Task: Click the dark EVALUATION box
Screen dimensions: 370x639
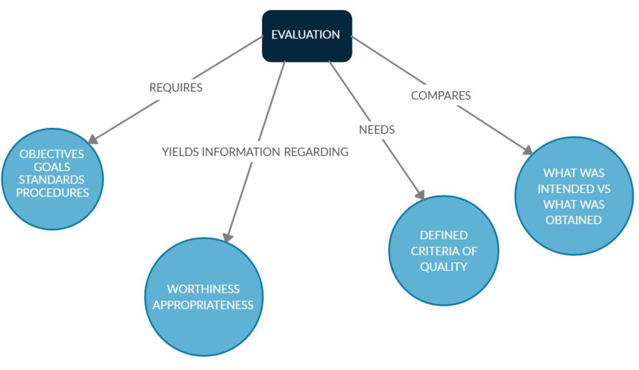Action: point(306,36)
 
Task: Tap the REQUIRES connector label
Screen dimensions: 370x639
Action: point(176,88)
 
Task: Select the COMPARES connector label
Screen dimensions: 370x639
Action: point(441,96)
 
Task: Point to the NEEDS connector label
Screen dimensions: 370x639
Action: point(377,130)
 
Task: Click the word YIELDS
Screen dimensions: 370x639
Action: point(180,152)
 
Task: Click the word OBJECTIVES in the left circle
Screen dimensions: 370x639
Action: point(51,153)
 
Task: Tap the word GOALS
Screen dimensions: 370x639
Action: point(52,167)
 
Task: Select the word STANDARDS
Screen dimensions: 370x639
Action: point(52,180)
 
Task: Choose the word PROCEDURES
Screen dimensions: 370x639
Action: point(52,193)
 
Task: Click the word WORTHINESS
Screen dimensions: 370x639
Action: point(203,290)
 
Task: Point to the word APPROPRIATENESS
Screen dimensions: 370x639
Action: point(203,305)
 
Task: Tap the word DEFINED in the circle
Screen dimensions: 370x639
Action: point(444,236)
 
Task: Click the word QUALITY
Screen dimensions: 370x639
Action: point(444,267)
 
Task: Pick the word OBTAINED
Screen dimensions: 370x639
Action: point(573,220)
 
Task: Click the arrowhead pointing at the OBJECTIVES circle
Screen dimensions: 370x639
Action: point(95,139)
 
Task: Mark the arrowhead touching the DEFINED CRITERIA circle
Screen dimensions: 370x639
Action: point(419,195)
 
